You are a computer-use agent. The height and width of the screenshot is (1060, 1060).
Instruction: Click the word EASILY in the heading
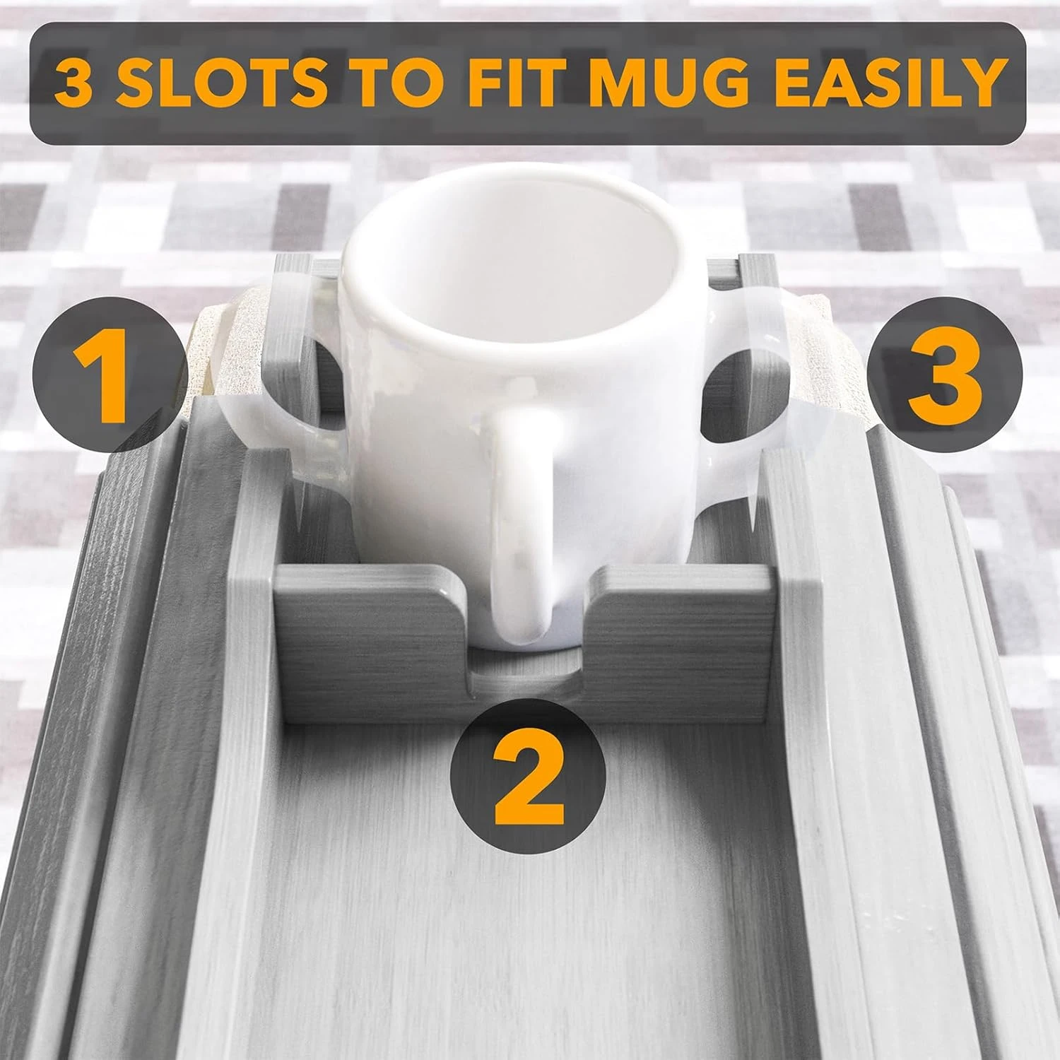coord(883,83)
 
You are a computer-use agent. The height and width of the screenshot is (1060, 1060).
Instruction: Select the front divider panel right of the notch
coord(678,615)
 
